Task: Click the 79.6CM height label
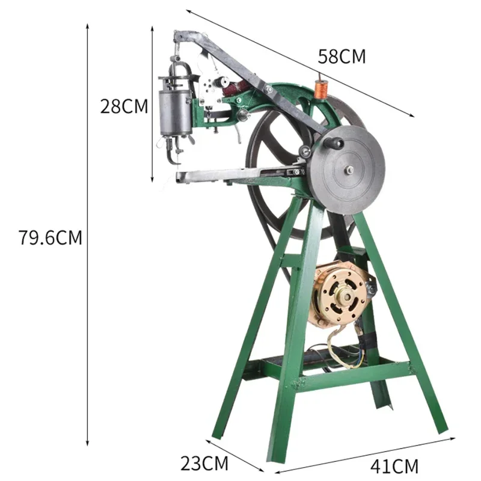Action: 50,237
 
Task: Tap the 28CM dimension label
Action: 124,106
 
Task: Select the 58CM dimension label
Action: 342,57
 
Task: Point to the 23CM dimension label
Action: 204,464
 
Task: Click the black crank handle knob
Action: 335,143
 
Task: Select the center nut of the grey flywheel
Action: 348,170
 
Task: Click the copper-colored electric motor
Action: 340,294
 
